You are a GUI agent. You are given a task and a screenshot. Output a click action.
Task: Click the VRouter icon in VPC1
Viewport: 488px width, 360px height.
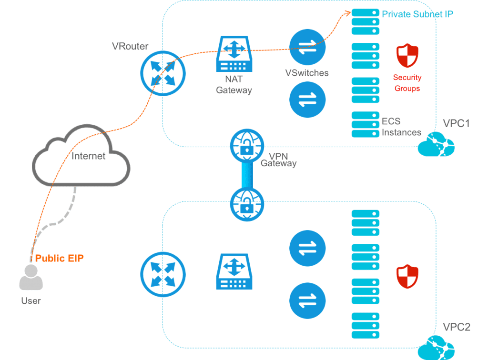(x=163, y=73)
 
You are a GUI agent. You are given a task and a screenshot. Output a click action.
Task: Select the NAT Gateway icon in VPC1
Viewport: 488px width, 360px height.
(x=234, y=55)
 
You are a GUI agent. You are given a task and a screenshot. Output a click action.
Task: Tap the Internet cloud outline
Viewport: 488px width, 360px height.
(x=81, y=157)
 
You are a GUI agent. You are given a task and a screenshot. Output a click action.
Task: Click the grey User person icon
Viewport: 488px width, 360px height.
(x=31, y=278)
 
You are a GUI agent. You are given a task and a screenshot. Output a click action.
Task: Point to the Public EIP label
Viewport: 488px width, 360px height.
(x=60, y=259)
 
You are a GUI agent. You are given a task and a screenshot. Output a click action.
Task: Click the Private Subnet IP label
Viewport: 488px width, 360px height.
(x=417, y=14)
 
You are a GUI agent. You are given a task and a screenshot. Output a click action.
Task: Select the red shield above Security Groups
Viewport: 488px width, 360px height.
(x=407, y=56)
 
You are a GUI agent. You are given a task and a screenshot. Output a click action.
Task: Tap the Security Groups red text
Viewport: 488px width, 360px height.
(x=407, y=83)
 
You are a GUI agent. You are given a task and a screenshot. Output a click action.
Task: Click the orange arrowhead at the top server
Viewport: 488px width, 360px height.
(x=347, y=12)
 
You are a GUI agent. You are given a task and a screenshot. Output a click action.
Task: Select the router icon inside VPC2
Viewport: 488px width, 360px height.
(x=163, y=274)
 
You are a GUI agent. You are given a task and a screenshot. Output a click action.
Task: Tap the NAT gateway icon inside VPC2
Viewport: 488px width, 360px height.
(x=234, y=271)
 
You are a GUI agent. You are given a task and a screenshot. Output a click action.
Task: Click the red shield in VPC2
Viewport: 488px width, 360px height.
(x=407, y=277)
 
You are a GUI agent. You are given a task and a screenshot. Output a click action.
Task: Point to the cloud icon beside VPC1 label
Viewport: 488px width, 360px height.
(x=436, y=144)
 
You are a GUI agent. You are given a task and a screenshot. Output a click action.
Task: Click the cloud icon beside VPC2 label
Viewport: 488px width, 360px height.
(x=436, y=348)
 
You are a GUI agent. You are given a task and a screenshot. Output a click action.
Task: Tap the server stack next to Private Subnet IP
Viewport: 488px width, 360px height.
(x=366, y=22)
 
